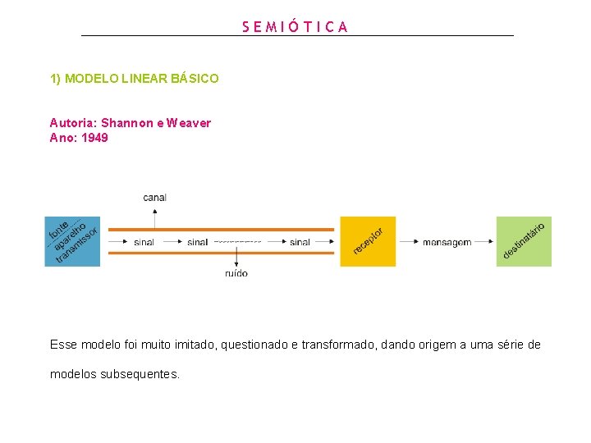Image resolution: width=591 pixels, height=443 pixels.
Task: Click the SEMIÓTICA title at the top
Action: coord(295,26)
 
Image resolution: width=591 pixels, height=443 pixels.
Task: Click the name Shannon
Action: coord(127,123)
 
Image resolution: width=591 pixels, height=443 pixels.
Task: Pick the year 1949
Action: coord(94,138)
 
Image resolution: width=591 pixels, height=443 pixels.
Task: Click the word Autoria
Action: coord(72,123)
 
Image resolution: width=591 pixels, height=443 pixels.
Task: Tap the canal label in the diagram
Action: coord(154,198)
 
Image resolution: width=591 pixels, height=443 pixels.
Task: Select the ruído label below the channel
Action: coord(236,273)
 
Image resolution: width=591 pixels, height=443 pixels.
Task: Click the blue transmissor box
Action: coord(72,241)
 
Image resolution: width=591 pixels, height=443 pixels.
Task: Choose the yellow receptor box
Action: coord(368,241)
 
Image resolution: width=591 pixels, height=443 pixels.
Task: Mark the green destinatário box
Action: coord(524,241)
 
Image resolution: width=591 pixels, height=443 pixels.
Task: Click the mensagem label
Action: coord(447,242)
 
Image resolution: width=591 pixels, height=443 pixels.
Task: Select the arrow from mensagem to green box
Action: coord(484,242)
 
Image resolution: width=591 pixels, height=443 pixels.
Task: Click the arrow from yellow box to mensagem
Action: coord(408,242)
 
